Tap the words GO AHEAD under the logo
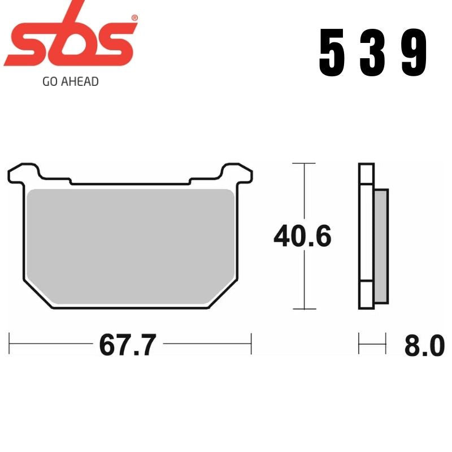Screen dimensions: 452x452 coord(71,81)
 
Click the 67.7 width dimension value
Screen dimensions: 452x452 coord(127,345)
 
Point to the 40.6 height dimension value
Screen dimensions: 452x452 coord(302,237)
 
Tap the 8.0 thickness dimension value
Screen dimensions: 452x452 coord(424,345)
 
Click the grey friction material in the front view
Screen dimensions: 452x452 coord(130,243)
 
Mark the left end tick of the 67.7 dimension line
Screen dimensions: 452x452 coord(10,344)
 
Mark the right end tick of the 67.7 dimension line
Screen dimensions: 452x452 coord(250,344)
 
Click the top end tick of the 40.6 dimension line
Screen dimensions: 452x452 coord(305,164)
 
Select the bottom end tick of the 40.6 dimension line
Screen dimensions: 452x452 coord(305,309)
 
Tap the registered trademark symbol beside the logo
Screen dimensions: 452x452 coord(133,18)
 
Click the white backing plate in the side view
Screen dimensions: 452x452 coord(366,237)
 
